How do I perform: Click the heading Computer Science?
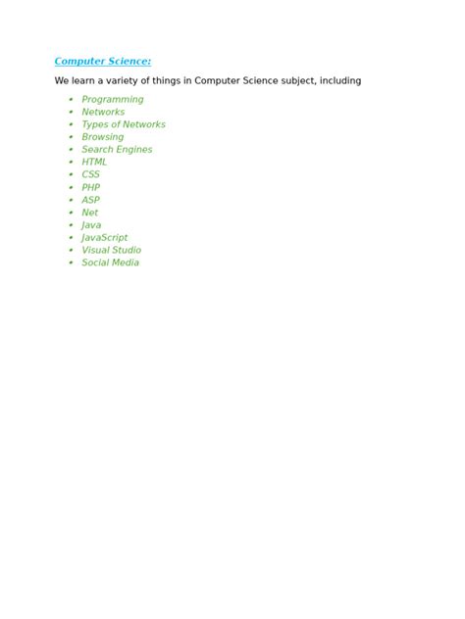[x=102, y=62]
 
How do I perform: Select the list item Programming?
[x=112, y=99]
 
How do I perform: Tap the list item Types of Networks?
[x=123, y=124]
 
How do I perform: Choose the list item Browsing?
[x=102, y=137]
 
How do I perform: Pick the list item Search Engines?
[x=117, y=150]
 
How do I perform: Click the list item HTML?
[x=94, y=162]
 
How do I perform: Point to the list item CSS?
[x=90, y=174]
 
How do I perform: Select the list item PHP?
[x=90, y=187]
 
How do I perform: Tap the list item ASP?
[x=90, y=200]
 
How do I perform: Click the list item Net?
[x=89, y=213]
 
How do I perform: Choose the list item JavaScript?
[x=104, y=237]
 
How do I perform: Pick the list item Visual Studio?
[x=111, y=250]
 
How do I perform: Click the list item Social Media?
[x=110, y=262]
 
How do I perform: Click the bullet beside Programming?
[x=71, y=99]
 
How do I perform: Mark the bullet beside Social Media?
[x=71, y=262]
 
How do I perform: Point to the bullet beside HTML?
[x=71, y=162]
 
